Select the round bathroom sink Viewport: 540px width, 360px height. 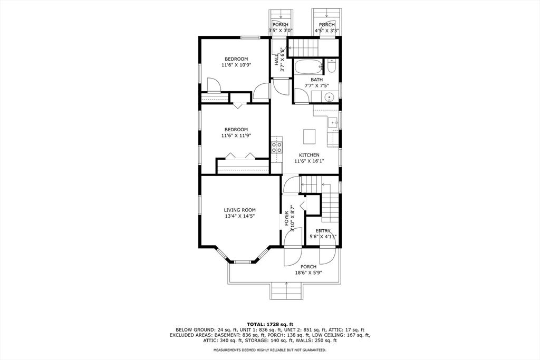pos(329,96)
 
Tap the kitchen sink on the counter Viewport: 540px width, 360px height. pos(333,122)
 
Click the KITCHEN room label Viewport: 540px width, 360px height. pos(310,155)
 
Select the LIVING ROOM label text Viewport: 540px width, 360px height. pos(239,210)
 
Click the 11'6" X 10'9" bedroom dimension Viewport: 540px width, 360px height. pos(236,65)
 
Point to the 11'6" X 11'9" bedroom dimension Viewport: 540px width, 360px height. pos(236,135)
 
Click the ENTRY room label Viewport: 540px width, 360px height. pos(323,231)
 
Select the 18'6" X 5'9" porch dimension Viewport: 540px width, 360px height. pos(308,273)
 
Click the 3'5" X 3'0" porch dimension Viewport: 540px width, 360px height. pos(280,31)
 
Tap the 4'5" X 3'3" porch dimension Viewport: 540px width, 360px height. pos(326,31)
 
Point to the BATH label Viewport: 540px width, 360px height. pos(316,80)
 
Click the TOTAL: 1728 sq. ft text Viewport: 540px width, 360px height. pos(269,324)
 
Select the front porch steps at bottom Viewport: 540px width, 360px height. pos(286,290)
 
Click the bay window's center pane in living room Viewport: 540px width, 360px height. pos(243,261)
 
